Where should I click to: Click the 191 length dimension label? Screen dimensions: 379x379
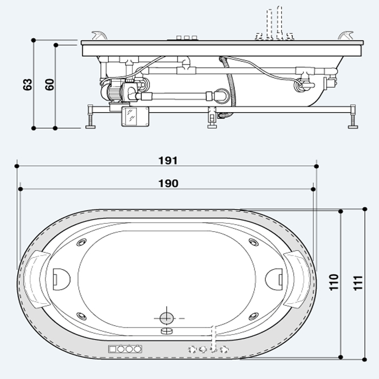point(168,160)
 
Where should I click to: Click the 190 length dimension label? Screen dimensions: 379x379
point(168,184)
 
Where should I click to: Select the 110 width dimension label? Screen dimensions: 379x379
point(334,282)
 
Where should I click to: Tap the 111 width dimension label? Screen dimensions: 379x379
point(358,283)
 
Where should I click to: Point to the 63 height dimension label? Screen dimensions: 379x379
point(27,84)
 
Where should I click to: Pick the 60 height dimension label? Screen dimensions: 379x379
point(50,84)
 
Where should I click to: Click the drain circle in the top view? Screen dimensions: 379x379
point(167,318)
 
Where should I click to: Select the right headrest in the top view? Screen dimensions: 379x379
point(297,279)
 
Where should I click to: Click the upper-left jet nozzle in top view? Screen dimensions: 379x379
point(81,242)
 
